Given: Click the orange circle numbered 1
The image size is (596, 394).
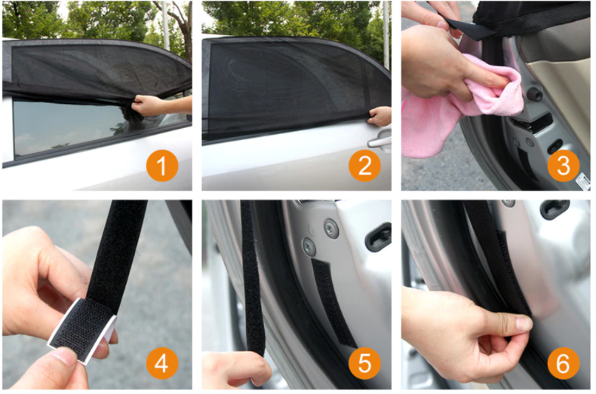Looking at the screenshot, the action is click(x=162, y=166).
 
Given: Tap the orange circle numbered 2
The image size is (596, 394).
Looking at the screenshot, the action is click(x=364, y=166).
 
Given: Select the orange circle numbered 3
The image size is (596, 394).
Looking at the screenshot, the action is click(x=564, y=166).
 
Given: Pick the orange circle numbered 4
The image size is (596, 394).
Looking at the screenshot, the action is click(x=162, y=363).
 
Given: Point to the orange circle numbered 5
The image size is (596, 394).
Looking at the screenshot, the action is click(x=364, y=363).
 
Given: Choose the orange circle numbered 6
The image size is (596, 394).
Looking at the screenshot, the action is click(x=564, y=363).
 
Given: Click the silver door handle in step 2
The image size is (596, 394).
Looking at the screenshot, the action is click(x=379, y=141).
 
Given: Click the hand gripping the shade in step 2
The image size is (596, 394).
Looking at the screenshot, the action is click(x=379, y=116).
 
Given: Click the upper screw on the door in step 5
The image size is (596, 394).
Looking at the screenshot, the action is click(x=330, y=229).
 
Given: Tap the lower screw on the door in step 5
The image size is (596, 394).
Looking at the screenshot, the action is click(x=309, y=247).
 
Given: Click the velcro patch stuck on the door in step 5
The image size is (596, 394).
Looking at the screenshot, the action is click(x=333, y=302).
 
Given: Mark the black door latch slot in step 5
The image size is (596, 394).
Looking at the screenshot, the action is click(x=378, y=237).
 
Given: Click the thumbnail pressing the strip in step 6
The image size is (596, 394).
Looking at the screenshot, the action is click(x=524, y=324).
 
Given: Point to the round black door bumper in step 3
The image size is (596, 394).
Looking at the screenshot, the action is click(x=533, y=93).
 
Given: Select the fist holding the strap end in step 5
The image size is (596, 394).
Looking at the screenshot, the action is click(x=236, y=369).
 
